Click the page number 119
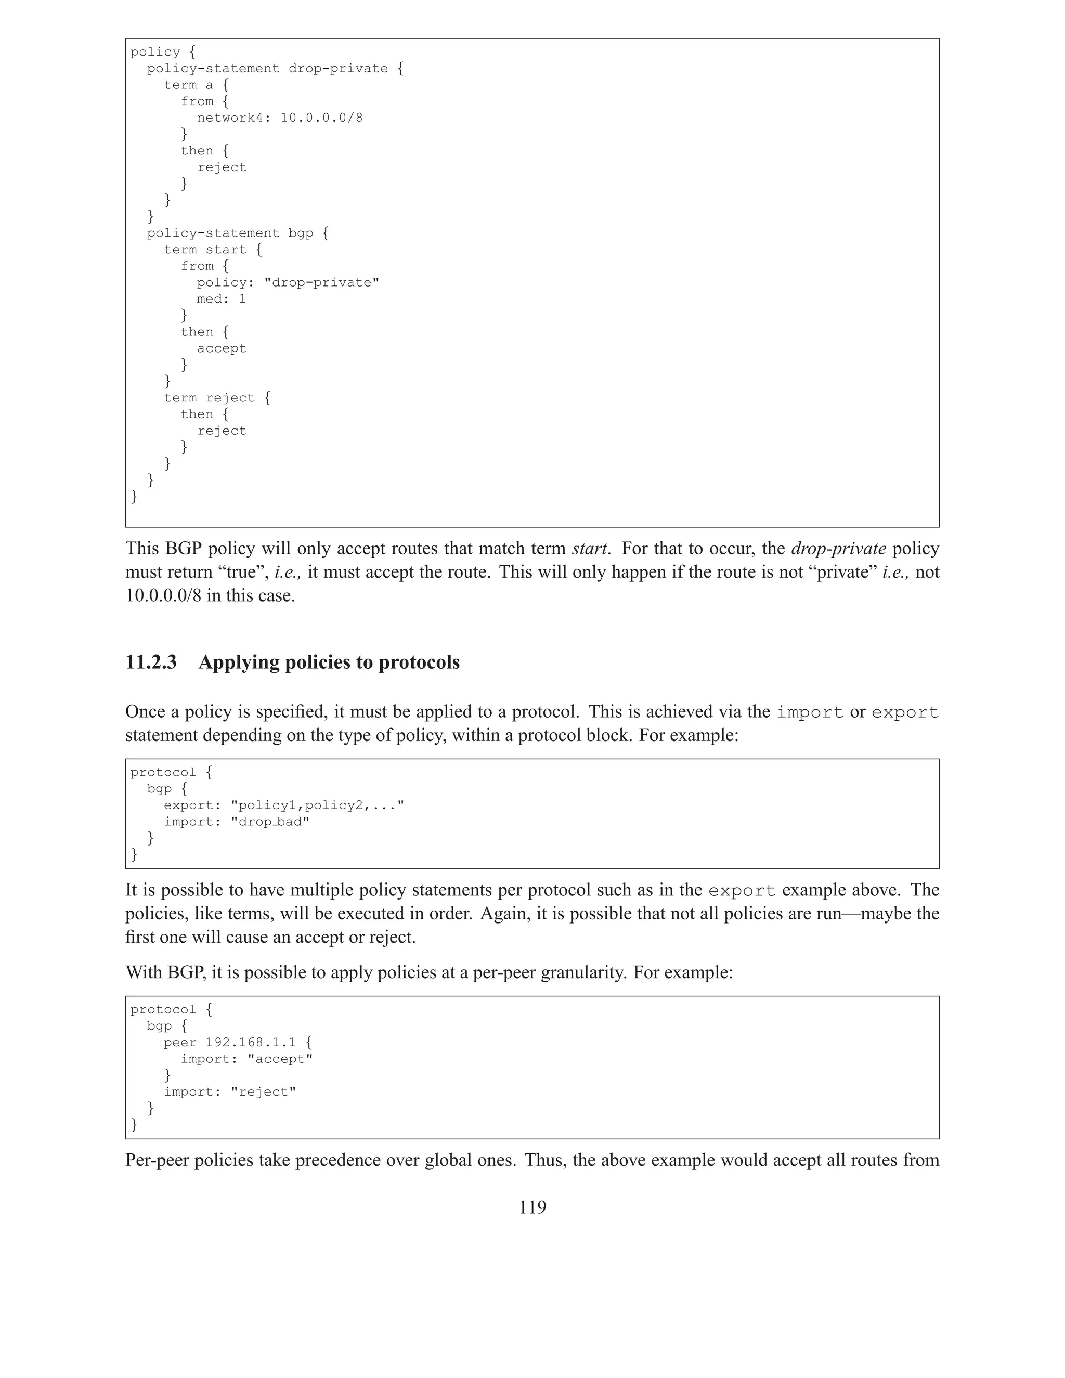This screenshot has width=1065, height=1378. pyautogui.click(x=532, y=1207)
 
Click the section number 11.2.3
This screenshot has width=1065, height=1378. pyautogui.click(x=151, y=662)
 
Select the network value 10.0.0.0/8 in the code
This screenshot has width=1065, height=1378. pyautogui.click(x=321, y=118)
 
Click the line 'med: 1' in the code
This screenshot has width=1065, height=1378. pyautogui.click(x=221, y=299)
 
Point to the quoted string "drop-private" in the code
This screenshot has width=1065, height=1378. pyautogui.click(x=321, y=283)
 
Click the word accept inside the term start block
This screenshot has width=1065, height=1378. pyautogui.click(x=222, y=348)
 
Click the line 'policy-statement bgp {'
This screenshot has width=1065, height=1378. pyautogui.click(x=238, y=233)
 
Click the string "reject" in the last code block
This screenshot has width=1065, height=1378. pyautogui.click(x=263, y=1092)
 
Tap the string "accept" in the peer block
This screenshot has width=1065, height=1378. pyautogui.click(x=280, y=1059)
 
